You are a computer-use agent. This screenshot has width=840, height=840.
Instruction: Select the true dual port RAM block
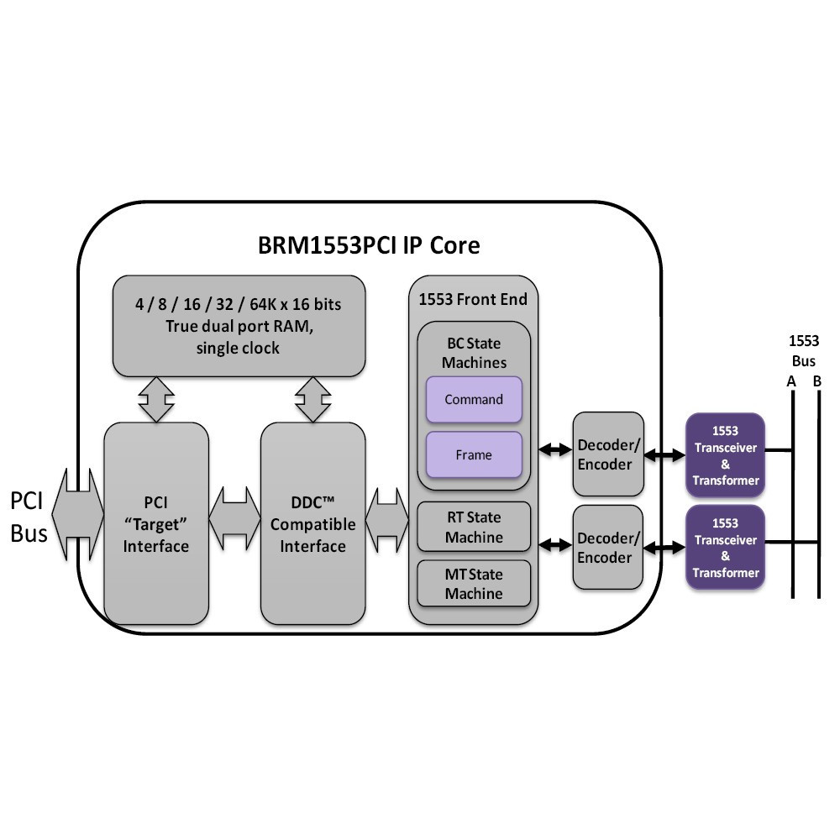(x=239, y=326)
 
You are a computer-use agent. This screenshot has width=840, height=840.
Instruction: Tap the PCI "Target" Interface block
(x=155, y=523)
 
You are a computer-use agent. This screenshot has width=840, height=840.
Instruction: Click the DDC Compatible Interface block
(x=312, y=523)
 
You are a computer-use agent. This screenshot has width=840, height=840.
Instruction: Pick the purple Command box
(x=474, y=400)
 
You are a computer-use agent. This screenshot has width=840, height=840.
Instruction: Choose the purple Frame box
(x=474, y=454)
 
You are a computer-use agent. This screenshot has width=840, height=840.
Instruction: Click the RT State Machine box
(x=474, y=528)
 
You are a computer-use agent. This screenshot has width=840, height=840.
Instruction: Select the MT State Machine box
(x=474, y=584)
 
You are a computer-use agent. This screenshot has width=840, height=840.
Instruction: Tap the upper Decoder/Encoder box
(x=608, y=454)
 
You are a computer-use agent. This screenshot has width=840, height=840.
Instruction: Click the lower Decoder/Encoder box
(x=608, y=547)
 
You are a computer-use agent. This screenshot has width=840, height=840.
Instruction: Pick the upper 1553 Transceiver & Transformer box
(x=725, y=454)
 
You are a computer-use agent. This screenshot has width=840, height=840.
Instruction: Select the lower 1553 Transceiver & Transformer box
(x=725, y=547)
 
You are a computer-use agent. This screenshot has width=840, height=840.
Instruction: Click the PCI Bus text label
(x=29, y=517)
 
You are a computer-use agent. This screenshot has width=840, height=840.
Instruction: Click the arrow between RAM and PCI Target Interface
(x=155, y=399)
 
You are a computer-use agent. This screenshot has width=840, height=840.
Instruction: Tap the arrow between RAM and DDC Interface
(x=312, y=399)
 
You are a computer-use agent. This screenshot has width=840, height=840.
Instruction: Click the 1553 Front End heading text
(x=473, y=299)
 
